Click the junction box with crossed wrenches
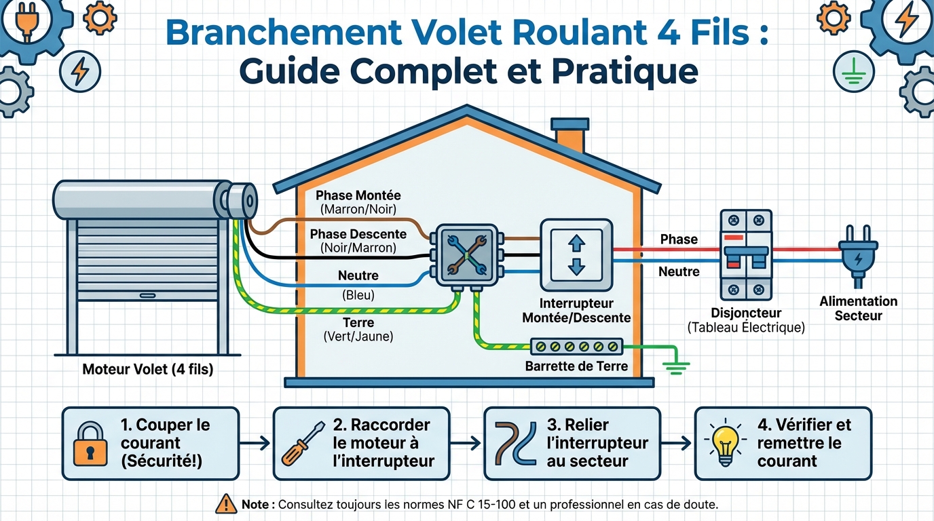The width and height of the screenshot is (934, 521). (x=466, y=254)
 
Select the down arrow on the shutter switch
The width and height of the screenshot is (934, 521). (x=576, y=265)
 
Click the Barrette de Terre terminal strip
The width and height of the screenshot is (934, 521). (x=576, y=346)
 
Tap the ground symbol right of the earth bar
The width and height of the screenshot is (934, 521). (x=675, y=368)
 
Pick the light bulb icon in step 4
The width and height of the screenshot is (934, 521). (x=725, y=443)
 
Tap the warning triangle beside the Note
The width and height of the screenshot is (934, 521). (x=225, y=504)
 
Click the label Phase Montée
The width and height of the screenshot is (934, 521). (x=358, y=195)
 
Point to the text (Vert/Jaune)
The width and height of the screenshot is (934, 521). (x=358, y=336)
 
